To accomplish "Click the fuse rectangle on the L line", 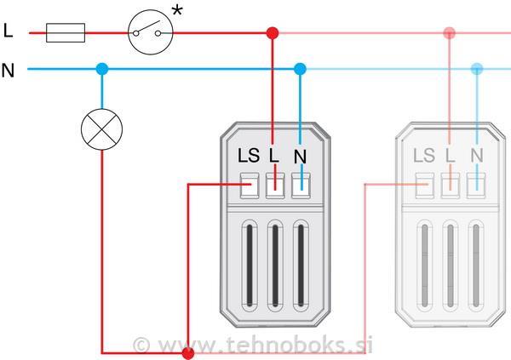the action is click(66, 33).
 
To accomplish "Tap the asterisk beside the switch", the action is click(177, 11).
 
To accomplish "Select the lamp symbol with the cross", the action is click(101, 129).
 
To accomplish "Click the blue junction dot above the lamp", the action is click(102, 69).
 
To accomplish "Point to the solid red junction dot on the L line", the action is click(273, 33).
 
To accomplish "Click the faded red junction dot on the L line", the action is click(450, 33).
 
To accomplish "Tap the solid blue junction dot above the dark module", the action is click(300, 69).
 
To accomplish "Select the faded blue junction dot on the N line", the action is click(477, 69).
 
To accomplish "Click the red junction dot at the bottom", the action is click(188, 353).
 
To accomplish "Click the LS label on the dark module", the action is click(249, 156).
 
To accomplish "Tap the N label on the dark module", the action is click(300, 157).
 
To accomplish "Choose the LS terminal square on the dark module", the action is click(250, 186).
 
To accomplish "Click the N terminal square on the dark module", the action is click(301, 186).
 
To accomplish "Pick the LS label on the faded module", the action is click(424, 156).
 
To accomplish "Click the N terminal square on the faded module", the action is click(476, 186).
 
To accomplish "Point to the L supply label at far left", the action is click(9, 31).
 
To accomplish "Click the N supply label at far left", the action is click(9, 70).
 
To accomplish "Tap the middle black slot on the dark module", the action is click(275, 266).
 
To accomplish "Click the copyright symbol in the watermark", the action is click(141, 346).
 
